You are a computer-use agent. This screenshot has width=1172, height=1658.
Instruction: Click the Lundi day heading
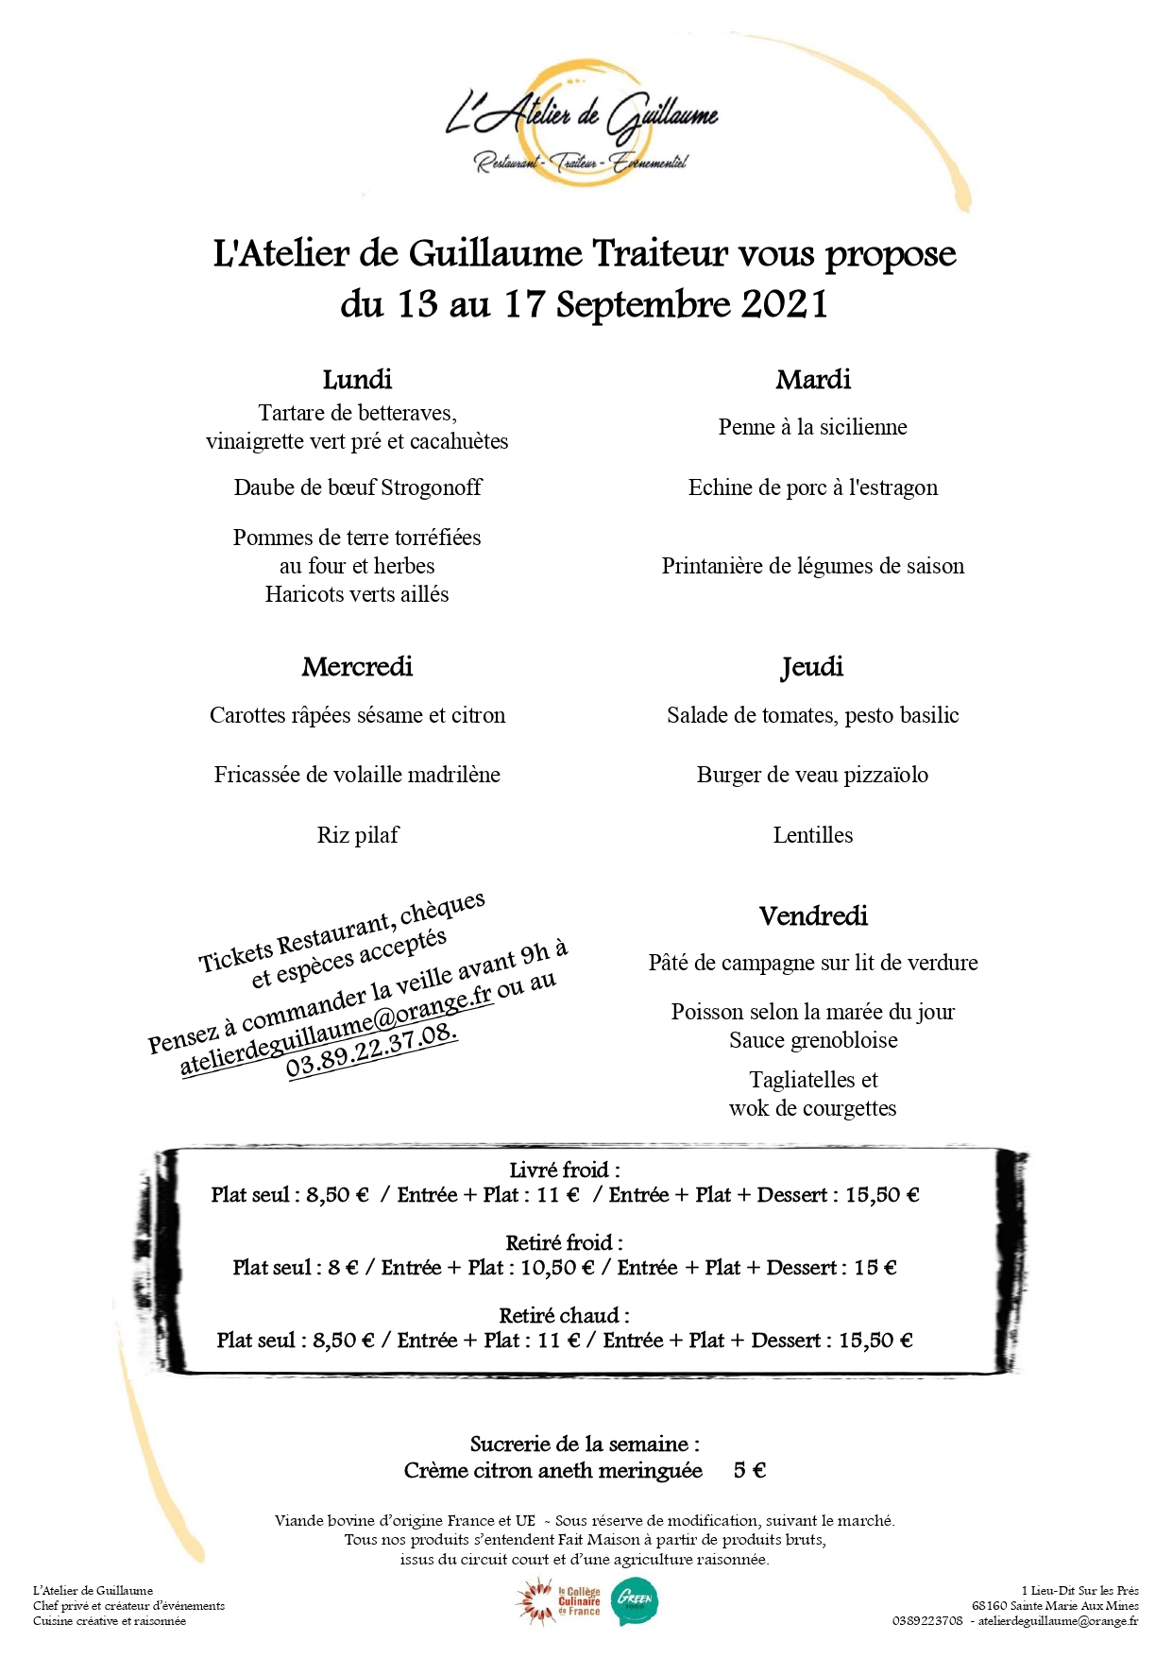point(357,380)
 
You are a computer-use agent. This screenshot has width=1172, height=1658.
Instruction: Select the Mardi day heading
point(813,380)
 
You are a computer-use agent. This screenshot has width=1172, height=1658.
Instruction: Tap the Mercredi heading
point(357,667)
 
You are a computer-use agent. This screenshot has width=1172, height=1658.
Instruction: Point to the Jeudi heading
point(812,667)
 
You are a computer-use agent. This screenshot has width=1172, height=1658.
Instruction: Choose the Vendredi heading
point(813,916)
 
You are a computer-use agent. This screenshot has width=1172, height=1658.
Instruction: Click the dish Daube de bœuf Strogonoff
point(357,487)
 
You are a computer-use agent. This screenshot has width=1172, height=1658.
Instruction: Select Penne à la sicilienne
point(812,427)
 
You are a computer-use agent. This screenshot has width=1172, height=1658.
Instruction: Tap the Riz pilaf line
point(357,835)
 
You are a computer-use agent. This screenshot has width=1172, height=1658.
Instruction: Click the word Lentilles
point(812,835)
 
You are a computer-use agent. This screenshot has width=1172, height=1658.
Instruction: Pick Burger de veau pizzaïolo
point(812,775)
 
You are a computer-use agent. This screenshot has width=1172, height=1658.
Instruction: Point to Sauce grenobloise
point(812,1040)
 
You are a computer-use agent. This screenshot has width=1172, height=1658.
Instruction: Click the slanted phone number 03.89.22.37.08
point(372,1051)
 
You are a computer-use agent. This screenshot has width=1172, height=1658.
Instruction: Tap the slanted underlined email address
point(336,1031)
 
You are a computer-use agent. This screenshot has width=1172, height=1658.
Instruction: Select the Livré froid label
point(564,1171)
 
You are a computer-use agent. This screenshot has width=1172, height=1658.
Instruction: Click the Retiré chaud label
point(564,1316)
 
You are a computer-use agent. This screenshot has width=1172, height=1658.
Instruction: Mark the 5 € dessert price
point(750,1471)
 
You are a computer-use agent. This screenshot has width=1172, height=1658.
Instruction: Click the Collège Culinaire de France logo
point(559,1602)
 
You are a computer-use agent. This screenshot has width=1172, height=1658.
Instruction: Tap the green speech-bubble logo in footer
point(635,1602)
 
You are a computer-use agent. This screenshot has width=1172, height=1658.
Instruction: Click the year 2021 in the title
point(785,304)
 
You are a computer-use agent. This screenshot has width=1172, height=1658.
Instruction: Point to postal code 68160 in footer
point(990,1606)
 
